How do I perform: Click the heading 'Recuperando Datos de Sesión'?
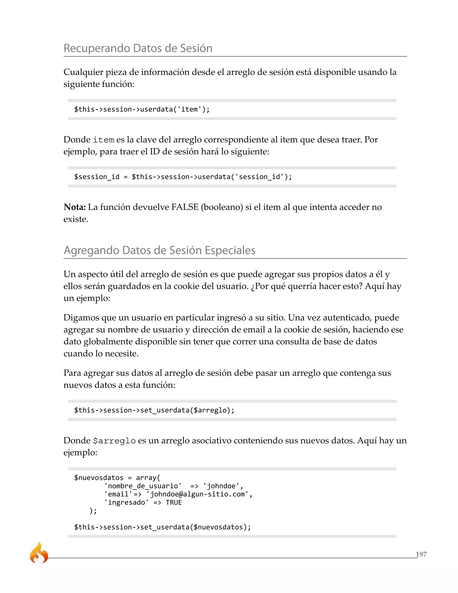point(138,48)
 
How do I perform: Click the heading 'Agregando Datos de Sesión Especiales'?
point(159,250)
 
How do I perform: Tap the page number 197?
point(421,554)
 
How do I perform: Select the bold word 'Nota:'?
point(75,207)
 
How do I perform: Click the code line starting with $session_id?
point(183,177)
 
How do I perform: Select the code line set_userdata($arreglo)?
point(154,410)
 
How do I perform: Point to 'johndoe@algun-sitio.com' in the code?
point(197,494)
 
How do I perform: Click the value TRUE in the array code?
point(174,503)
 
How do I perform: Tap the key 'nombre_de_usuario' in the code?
point(143,486)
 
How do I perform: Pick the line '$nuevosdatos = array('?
point(117,478)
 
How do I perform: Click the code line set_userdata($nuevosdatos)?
point(162,527)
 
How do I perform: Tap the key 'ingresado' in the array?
point(126,503)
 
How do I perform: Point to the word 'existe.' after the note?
point(76,219)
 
